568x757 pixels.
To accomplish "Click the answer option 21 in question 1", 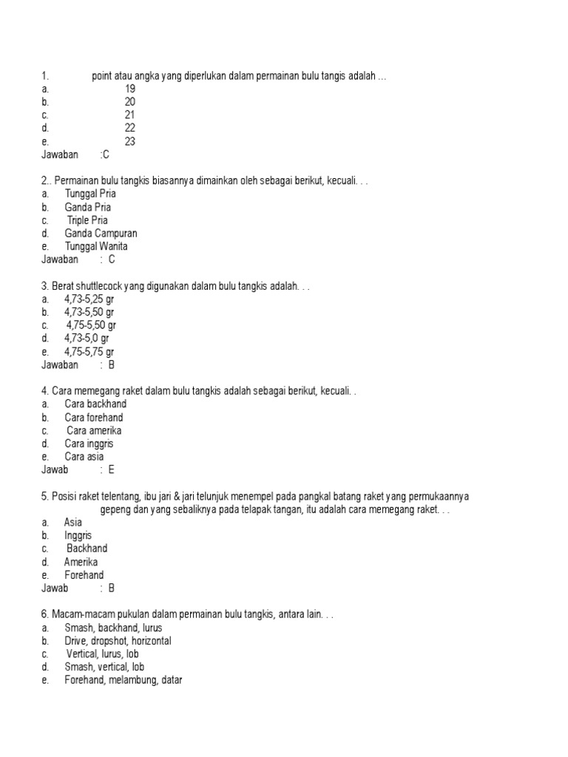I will [130, 115].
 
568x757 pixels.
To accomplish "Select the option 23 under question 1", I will [130, 141].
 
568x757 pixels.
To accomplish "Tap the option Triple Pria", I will [87, 220].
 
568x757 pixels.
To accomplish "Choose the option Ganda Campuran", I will [101, 234].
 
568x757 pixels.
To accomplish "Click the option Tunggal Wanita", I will [96, 247].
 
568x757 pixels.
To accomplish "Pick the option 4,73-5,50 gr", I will [89, 312].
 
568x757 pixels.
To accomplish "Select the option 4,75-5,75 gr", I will [89, 352].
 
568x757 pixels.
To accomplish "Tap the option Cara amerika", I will [94, 430].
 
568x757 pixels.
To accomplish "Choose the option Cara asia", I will [84, 457].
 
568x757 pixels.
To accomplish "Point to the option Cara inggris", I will [89, 444].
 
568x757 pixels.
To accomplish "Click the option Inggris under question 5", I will [78, 535].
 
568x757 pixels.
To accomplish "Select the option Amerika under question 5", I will [81, 562].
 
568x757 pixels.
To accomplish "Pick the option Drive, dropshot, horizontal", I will [118, 641].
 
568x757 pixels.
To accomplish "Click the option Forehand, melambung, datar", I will [123, 681].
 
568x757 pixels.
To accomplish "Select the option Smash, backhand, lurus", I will [113, 628].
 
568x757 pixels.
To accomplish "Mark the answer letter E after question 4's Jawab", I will [112, 470].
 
